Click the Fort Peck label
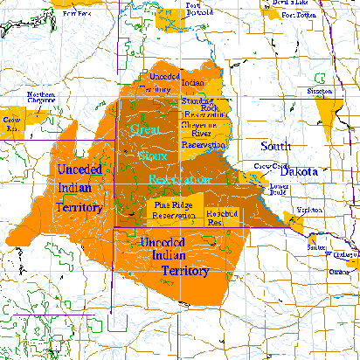point(77,15)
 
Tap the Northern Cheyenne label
point(41,97)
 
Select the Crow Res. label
point(11,122)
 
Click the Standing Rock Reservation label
point(204,107)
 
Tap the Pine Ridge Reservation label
point(172,210)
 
